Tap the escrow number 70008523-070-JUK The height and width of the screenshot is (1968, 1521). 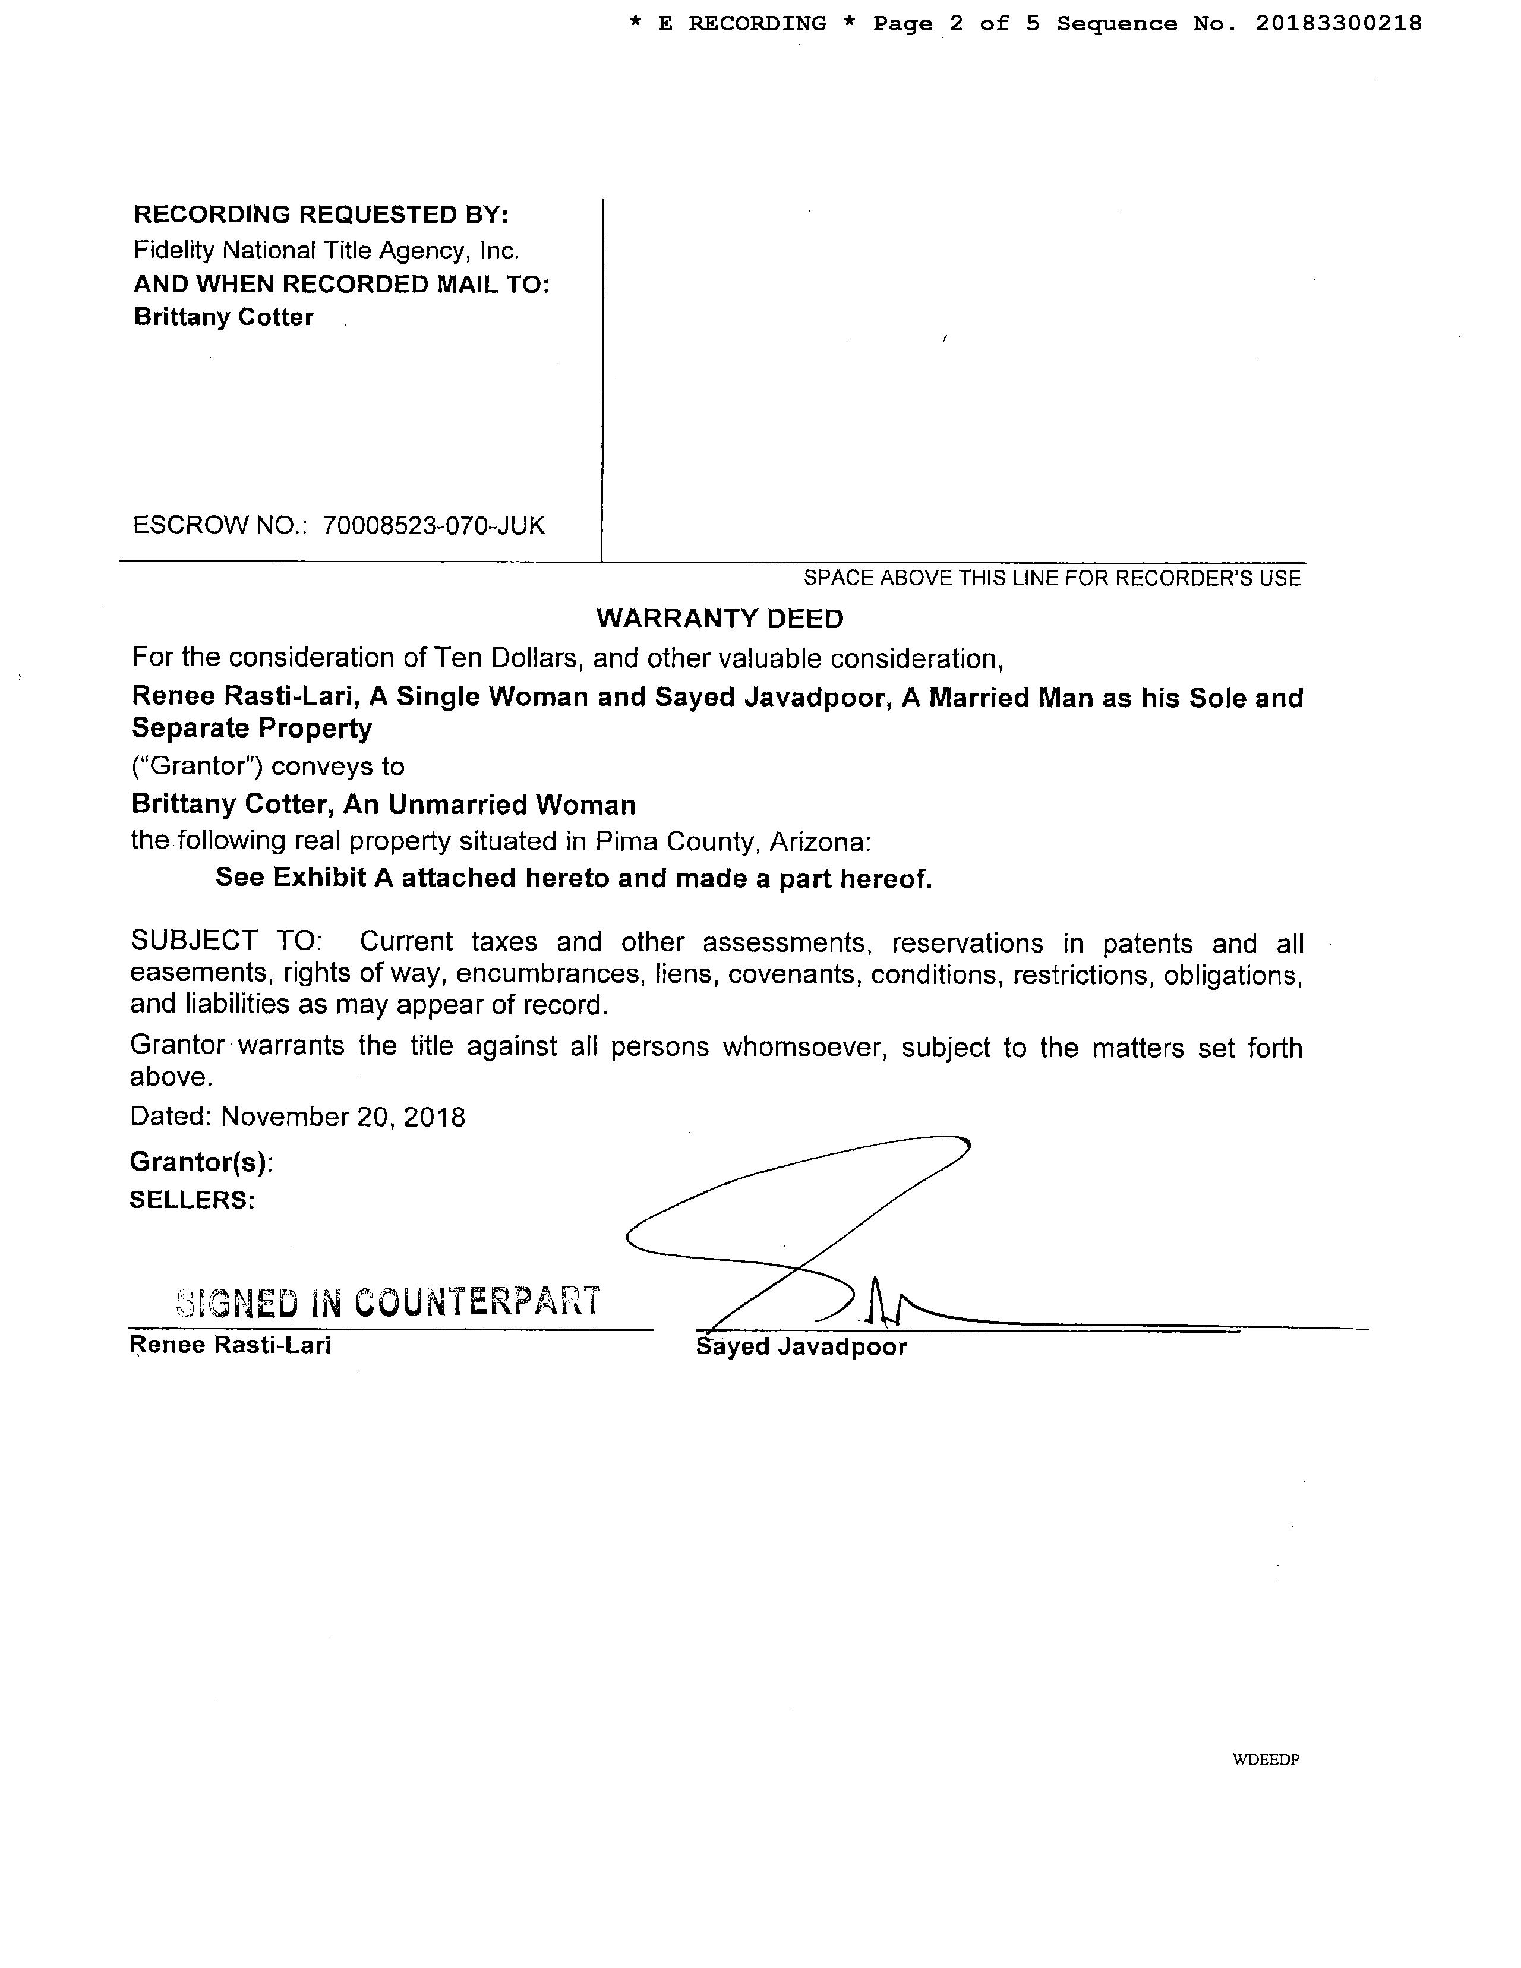[433, 525]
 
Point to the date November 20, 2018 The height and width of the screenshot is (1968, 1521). [342, 1117]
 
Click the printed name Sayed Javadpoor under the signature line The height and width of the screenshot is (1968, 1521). [802, 1346]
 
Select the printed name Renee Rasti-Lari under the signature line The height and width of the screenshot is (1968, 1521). [231, 1345]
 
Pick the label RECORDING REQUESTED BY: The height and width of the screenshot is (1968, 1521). [321, 215]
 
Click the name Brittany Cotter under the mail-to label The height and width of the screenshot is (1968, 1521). [223, 317]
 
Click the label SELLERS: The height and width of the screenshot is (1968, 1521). [192, 1199]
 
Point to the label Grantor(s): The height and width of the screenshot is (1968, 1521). [201, 1162]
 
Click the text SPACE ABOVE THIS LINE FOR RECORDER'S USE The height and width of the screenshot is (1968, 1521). [1052, 579]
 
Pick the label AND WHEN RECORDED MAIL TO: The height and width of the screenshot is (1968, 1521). [342, 284]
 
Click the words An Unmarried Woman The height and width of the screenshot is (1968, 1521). [490, 804]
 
